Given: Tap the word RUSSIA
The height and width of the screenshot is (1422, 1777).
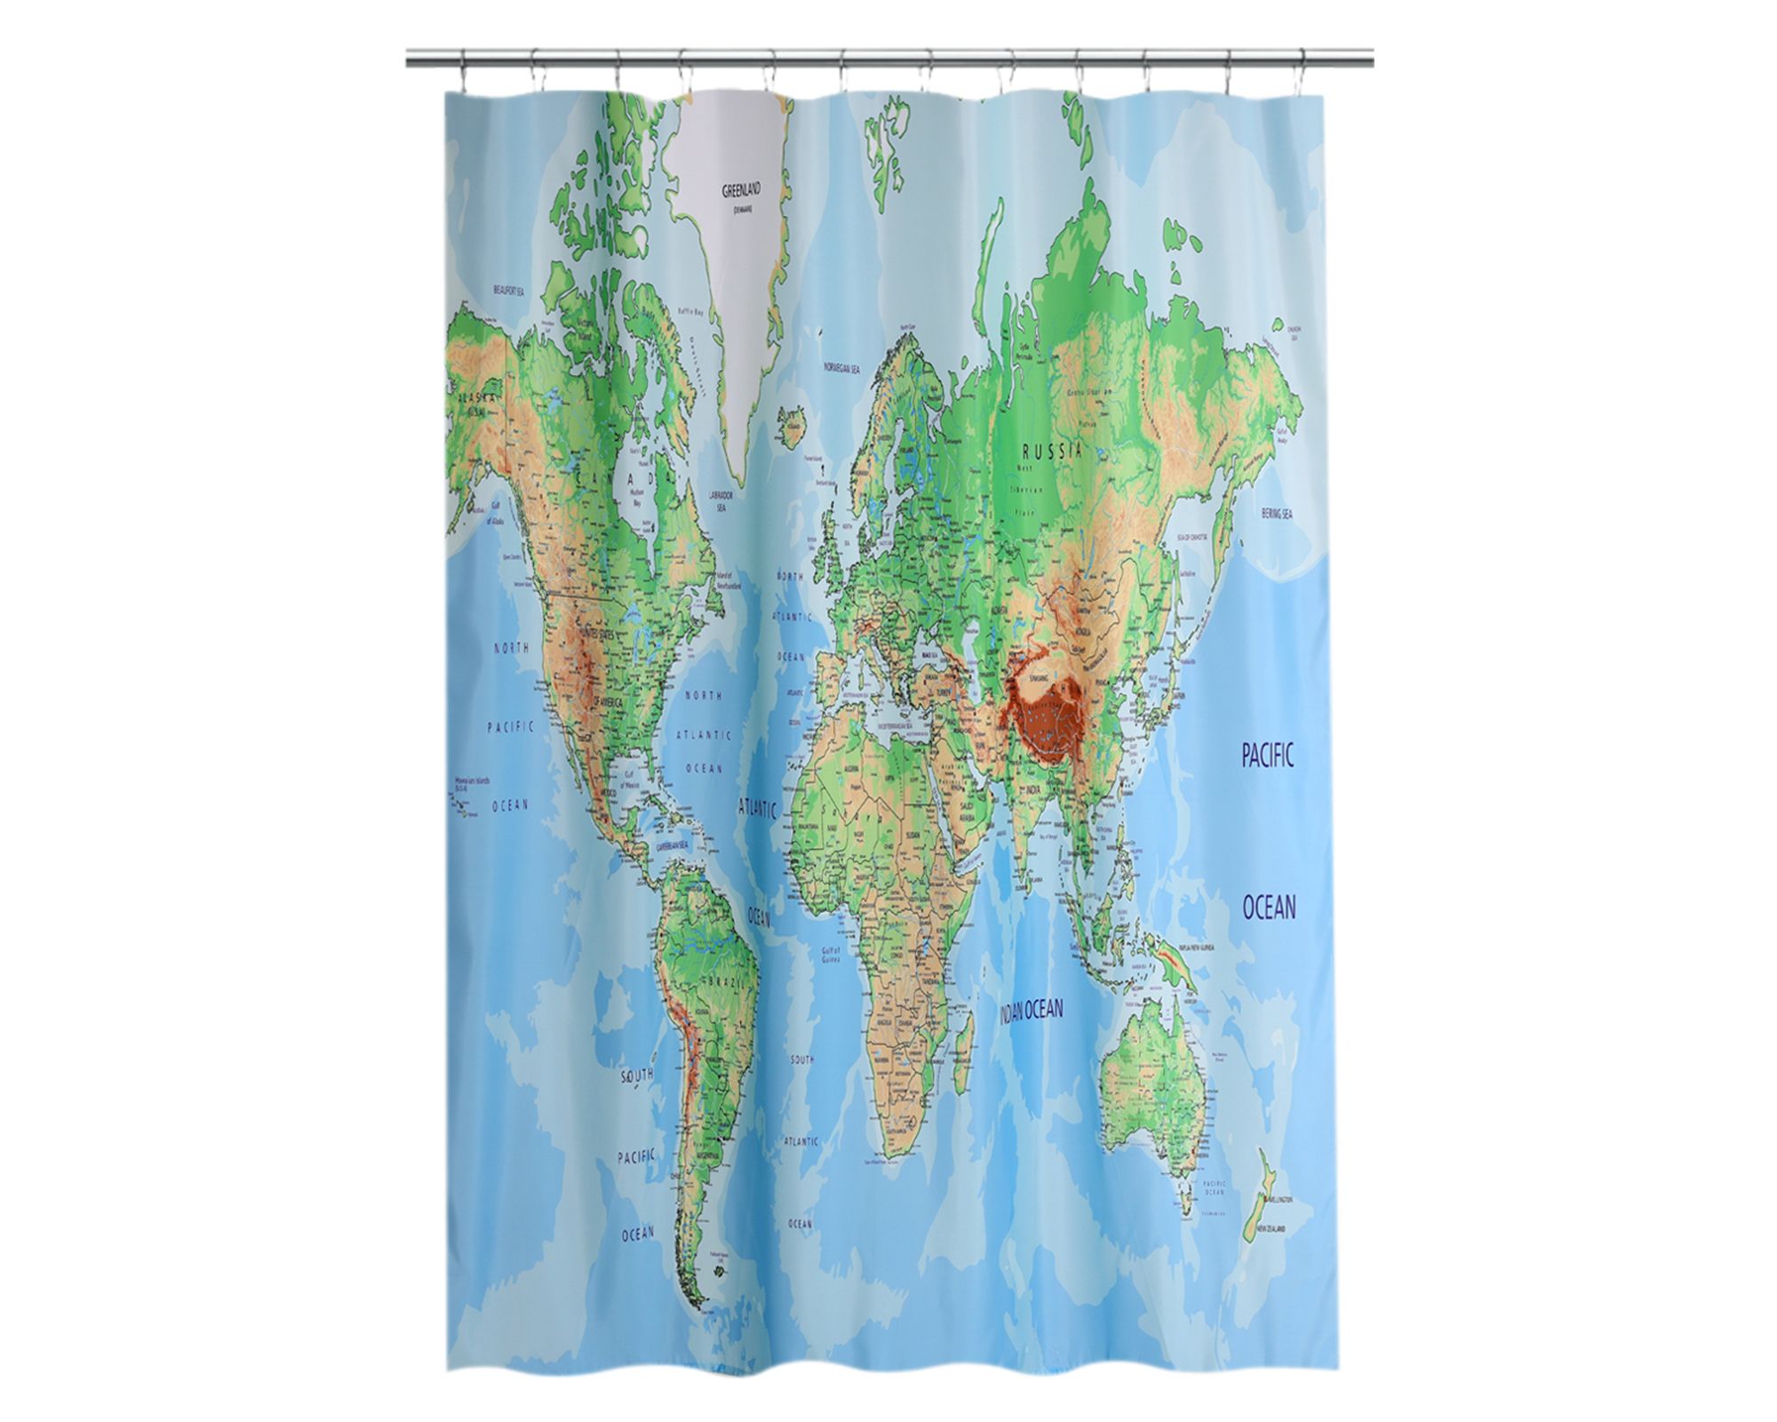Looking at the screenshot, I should click(1053, 450).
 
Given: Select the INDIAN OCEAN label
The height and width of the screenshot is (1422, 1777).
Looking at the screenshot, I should click(1032, 1009).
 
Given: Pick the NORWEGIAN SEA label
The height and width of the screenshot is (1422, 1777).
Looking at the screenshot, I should click(841, 367).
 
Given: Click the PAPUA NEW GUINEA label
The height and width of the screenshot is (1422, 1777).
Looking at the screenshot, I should click(1196, 948).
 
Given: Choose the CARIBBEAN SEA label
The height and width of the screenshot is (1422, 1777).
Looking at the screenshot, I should click(672, 846).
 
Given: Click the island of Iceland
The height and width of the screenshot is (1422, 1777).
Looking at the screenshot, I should click(789, 426).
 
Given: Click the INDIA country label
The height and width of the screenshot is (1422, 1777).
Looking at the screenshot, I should click(1033, 789).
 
